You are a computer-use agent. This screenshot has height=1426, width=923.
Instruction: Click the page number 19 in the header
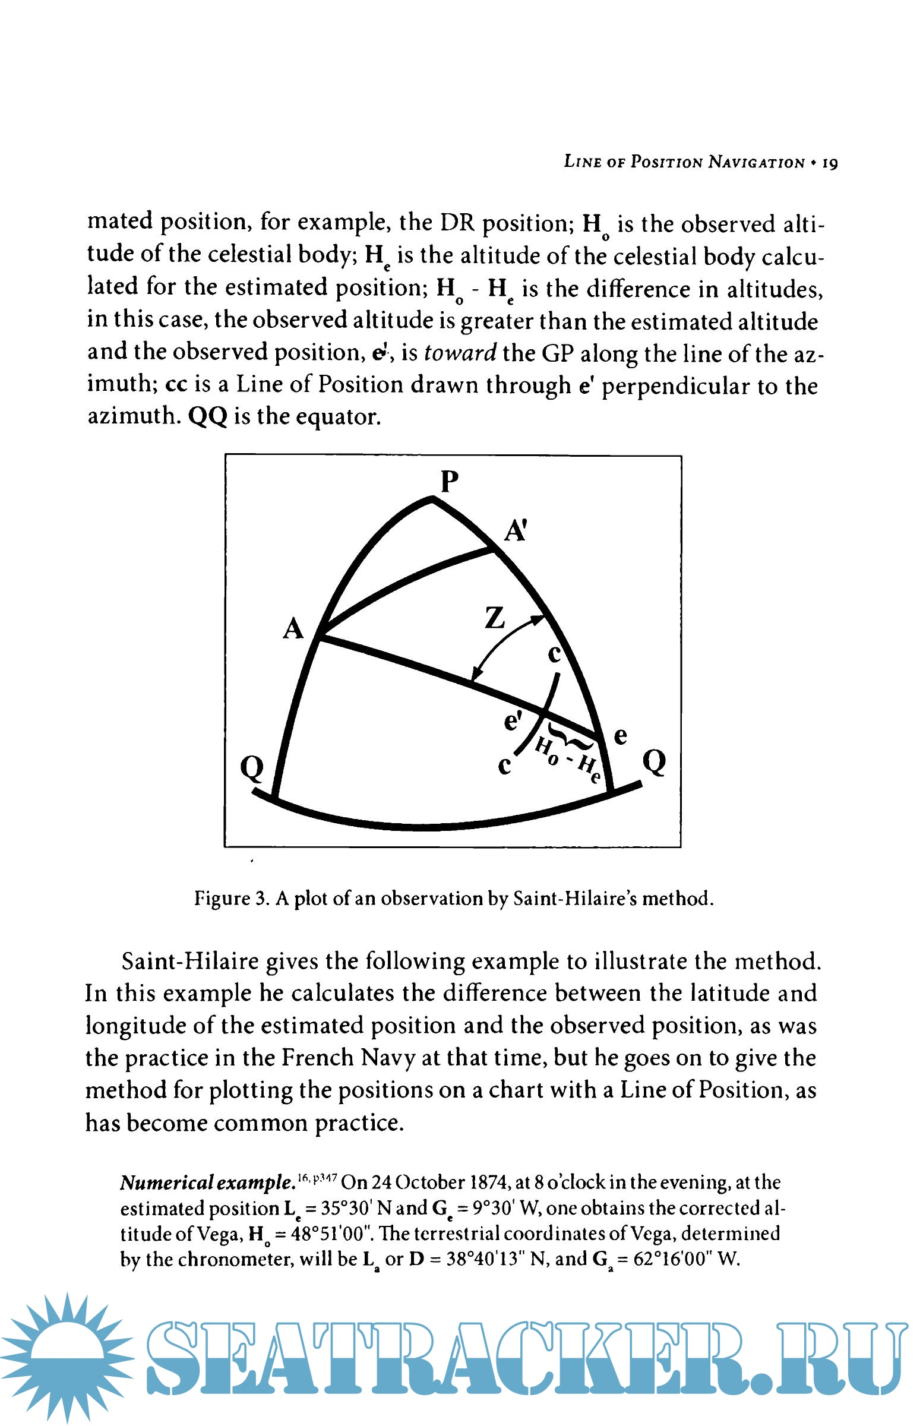(830, 162)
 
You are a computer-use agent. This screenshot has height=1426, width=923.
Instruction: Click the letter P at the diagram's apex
(450, 480)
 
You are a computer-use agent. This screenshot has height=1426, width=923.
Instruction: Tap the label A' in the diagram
(515, 531)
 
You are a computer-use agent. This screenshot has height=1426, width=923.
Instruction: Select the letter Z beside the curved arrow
(495, 618)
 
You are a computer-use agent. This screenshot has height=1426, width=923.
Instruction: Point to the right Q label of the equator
(654, 763)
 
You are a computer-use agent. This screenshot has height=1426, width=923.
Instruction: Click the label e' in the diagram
(513, 721)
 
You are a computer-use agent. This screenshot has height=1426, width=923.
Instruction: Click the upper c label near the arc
(554, 654)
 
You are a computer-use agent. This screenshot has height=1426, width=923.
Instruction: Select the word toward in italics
(460, 353)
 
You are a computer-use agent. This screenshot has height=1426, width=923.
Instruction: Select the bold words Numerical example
(206, 1182)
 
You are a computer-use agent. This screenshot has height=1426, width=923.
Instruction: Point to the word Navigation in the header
(756, 162)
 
